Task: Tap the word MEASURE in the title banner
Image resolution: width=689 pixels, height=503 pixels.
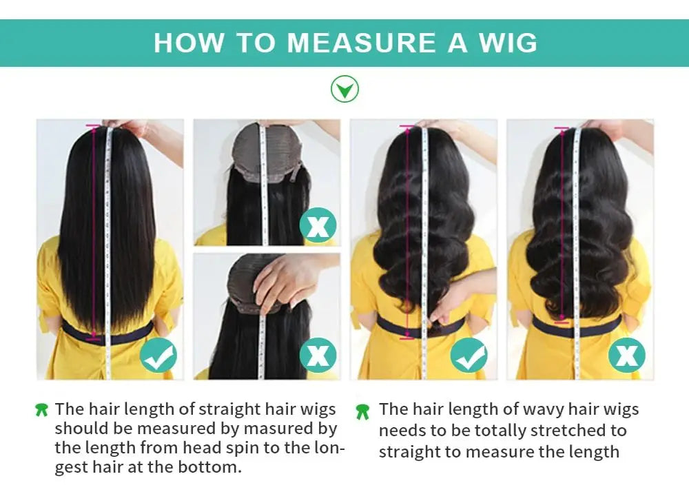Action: point(361,43)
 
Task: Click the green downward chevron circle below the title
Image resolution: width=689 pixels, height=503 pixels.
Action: point(344,89)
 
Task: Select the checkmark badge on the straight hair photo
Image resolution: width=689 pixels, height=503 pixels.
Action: point(158,356)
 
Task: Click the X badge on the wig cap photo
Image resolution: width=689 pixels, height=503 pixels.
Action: point(318,225)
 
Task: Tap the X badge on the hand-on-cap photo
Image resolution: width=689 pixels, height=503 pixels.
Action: point(318,356)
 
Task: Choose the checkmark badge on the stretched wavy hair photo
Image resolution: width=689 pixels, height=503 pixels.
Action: point(469,356)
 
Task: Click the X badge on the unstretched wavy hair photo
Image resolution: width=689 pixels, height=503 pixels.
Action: point(626,356)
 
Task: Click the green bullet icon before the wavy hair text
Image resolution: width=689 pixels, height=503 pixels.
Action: point(362,412)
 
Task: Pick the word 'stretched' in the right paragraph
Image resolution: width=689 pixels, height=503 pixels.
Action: point(553,431)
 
